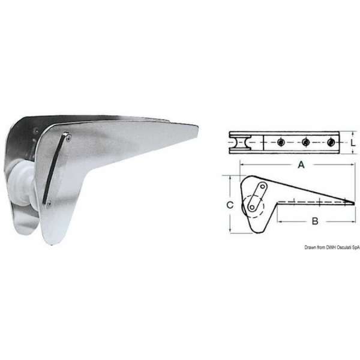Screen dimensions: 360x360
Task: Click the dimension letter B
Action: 314,221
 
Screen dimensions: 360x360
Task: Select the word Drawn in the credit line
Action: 310,247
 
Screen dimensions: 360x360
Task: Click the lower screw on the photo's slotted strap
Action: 49,204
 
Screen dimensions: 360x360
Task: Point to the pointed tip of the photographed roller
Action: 197,125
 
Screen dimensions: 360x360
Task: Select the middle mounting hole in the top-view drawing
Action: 306,142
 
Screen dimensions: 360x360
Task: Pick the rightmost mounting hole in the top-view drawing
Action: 332,142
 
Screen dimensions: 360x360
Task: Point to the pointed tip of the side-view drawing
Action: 353,203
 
